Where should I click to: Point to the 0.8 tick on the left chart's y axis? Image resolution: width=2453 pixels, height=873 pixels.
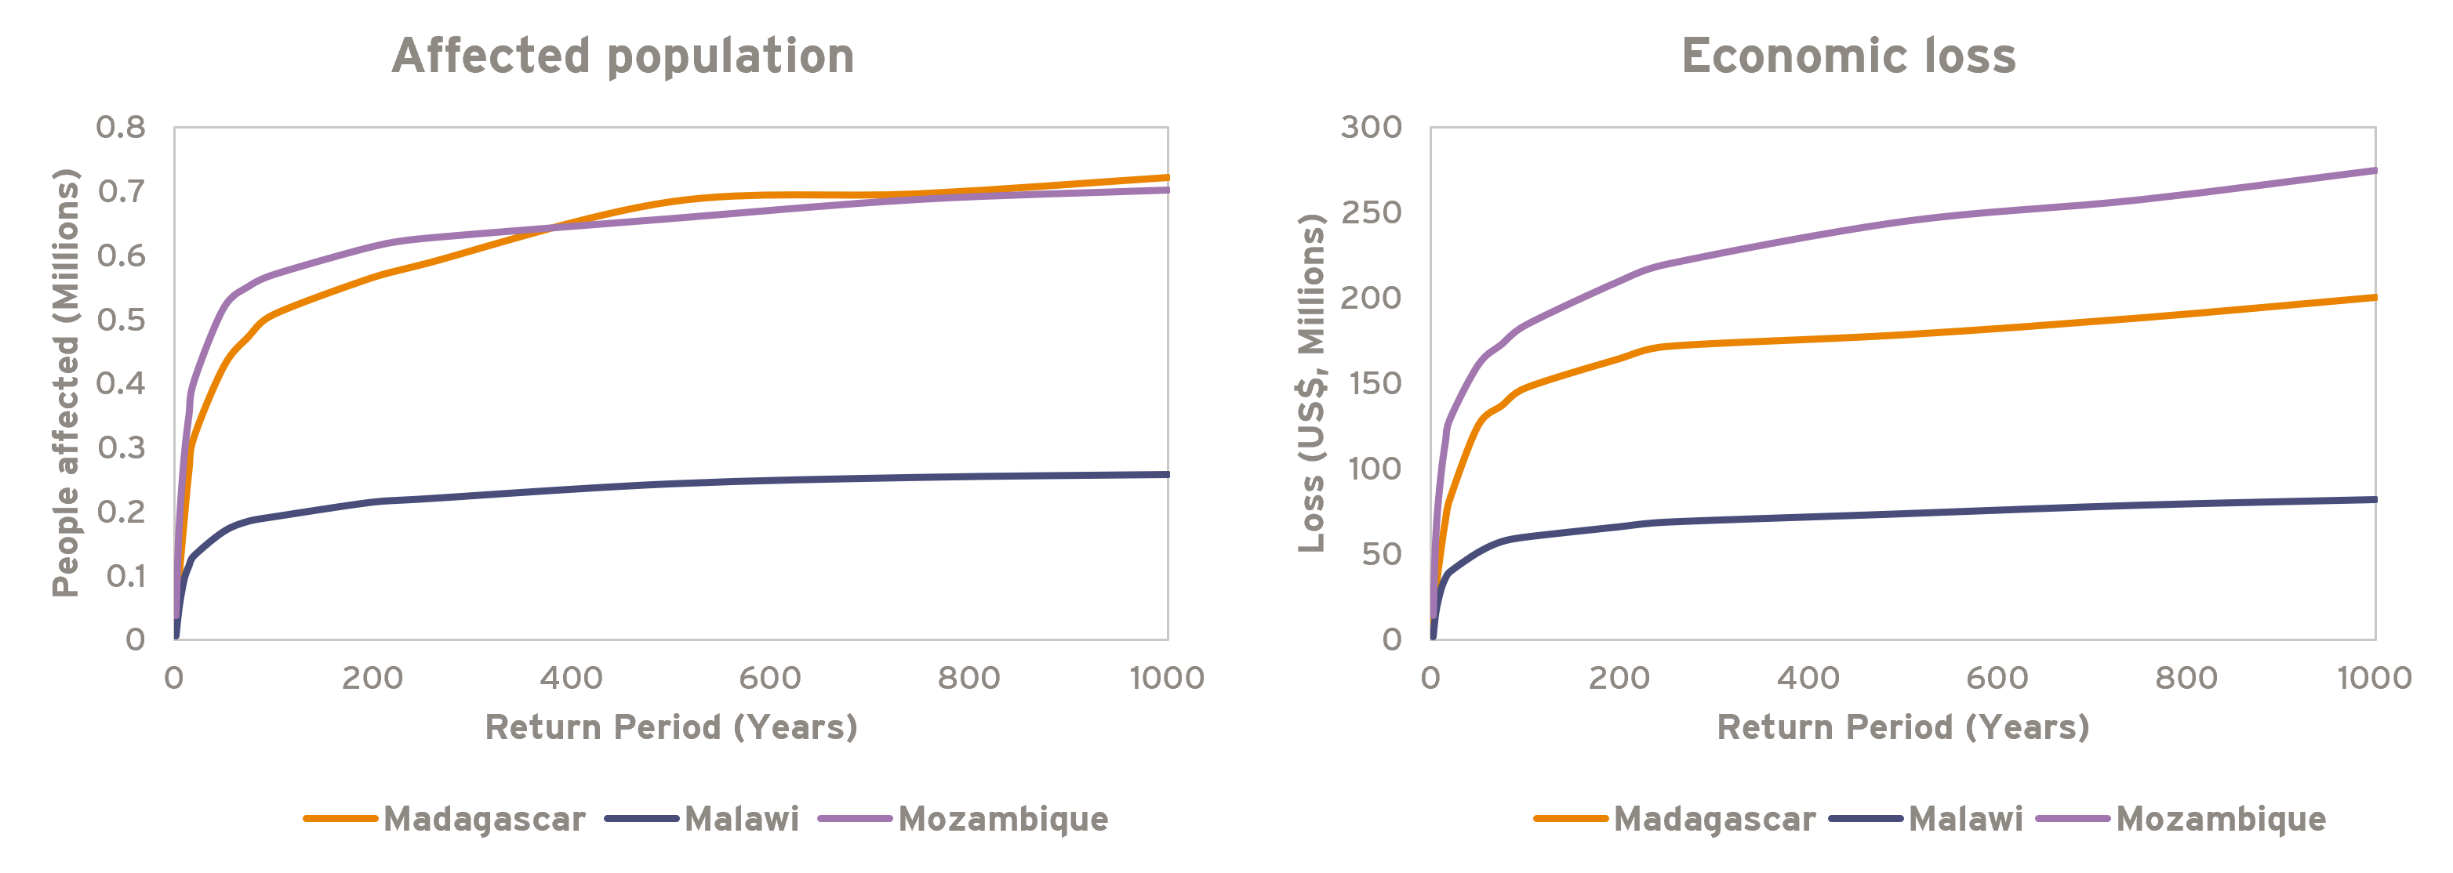(121, 127)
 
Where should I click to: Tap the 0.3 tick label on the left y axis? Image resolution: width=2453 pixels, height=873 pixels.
(121, 447)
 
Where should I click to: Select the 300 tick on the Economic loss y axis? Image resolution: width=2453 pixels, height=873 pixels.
(1372, 127)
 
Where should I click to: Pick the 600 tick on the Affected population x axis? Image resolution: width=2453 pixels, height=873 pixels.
(769, 678)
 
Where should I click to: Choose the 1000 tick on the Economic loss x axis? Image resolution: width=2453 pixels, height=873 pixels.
(2373, 678)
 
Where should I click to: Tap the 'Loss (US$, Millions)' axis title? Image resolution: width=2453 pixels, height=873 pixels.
(1312, 382)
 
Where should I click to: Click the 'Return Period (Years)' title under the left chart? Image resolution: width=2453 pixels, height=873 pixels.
(671, 727)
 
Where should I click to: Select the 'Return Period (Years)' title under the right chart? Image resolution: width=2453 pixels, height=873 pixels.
(1902, 727)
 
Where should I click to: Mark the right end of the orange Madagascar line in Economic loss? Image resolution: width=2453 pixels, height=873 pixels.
(2373, 298)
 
